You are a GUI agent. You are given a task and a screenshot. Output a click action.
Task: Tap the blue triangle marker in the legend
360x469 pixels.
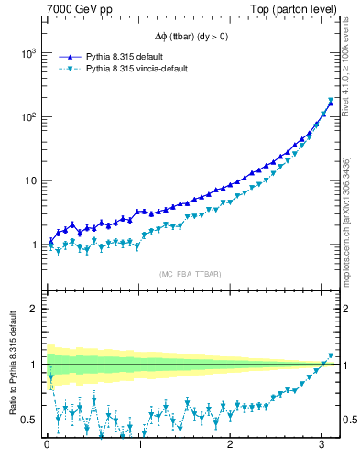(69, 55)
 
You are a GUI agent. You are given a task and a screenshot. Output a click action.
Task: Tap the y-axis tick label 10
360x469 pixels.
(27, 180)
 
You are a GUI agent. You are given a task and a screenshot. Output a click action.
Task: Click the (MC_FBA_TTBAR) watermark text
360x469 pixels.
(190, 274)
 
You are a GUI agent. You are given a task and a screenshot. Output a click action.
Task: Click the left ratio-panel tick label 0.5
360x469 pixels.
(28, 420)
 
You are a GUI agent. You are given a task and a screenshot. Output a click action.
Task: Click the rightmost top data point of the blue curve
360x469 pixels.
(331, 104)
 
